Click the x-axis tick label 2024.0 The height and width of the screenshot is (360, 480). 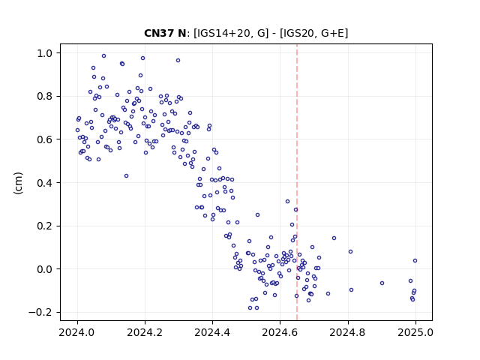[77, 332]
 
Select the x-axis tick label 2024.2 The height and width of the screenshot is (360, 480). [145, 332]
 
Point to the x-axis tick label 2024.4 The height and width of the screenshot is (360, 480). [212, 332]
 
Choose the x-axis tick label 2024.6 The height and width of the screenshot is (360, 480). [280, 332]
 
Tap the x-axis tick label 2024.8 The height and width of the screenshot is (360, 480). [347, 332]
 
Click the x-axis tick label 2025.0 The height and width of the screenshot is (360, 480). [415, 332]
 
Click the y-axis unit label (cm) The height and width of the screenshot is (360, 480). [18, 183]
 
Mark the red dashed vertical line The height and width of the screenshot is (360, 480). [297, 182]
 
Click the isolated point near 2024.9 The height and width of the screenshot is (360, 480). [382, 283]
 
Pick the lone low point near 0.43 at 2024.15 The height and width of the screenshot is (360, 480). [126, 175]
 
